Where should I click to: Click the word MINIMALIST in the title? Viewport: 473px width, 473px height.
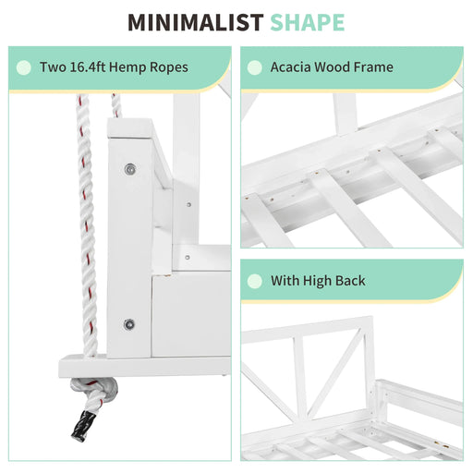coord(196,22)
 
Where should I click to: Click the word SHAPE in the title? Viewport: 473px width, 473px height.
coord(308,22)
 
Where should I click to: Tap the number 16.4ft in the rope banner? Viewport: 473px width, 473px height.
coord(87,67)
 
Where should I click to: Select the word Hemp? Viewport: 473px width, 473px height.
coord(127,67)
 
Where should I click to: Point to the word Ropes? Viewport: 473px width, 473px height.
coord(169,67)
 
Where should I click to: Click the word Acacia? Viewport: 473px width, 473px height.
coord(290,67)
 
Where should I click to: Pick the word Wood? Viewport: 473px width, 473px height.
coord(332,67)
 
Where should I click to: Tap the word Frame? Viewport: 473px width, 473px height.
coord(373,67)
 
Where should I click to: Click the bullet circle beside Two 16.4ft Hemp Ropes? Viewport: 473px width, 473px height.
coord(24,67)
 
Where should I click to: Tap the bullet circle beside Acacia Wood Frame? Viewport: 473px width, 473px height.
coord(255,67)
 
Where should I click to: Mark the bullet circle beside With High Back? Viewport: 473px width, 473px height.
coord(255,281)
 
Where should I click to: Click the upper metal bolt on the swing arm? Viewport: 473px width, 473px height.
coord(130,169)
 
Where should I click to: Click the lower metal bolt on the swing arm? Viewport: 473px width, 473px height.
coord(129,324)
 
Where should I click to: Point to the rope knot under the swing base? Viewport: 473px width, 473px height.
coord(94,389)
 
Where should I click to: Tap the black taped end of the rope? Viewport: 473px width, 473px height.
coord(84,426)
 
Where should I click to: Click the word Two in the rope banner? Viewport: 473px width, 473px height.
coord(53,67)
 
